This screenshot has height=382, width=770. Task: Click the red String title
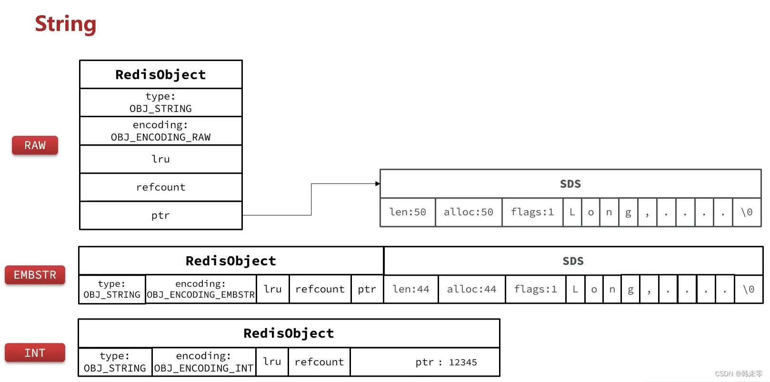[66, 24]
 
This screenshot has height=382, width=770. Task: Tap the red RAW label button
[35, 145]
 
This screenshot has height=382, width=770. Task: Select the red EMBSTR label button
[35, 275]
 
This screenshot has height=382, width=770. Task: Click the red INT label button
[35, 353]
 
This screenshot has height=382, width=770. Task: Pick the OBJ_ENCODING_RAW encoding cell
[160, 131]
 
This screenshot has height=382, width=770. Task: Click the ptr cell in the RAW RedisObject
[160, 215]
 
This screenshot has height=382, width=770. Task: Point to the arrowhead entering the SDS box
[378, 183]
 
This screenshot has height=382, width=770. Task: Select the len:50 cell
[408, 212]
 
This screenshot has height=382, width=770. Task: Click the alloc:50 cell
[469, 212]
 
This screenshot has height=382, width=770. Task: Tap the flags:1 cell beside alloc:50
[532, 212]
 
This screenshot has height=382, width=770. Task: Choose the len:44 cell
[411, 289]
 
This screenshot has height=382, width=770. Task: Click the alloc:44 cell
[471, 289]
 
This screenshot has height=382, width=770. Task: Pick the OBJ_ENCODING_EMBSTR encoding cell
[200, 289]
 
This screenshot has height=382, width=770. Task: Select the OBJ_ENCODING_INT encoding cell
[204, 362]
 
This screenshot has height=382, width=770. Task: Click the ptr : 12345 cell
[425, 362]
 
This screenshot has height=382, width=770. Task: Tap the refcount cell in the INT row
[319, 362]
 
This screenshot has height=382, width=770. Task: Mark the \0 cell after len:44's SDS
[749, 289]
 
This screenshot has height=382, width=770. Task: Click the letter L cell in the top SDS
[572, 212]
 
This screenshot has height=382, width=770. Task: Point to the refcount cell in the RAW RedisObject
[160, 187]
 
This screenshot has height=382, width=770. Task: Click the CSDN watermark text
[738, 374]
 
